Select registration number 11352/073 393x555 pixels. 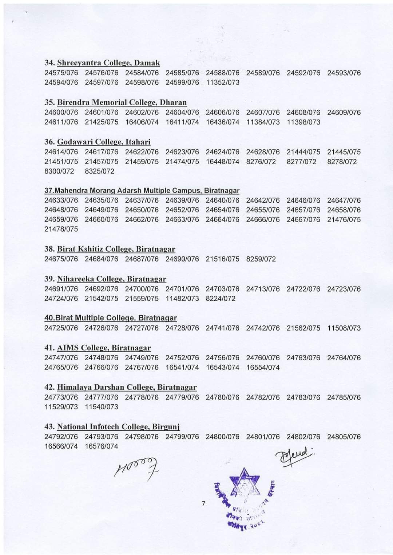coord(223,82)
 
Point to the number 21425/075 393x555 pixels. coord(102,122)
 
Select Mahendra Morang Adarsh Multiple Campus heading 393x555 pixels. coord(142,190)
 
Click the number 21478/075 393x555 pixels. coord(61,229)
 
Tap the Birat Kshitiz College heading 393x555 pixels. coord(116,249)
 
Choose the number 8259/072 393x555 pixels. coord(261,259)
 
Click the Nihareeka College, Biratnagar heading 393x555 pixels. coord(111,279)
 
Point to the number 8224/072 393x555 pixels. coord(221,299)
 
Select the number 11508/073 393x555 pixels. coord(344,328)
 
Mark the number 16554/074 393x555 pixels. coord(263,368)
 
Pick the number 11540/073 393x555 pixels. coord(102,407)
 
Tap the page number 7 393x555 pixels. coord(203,504)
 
